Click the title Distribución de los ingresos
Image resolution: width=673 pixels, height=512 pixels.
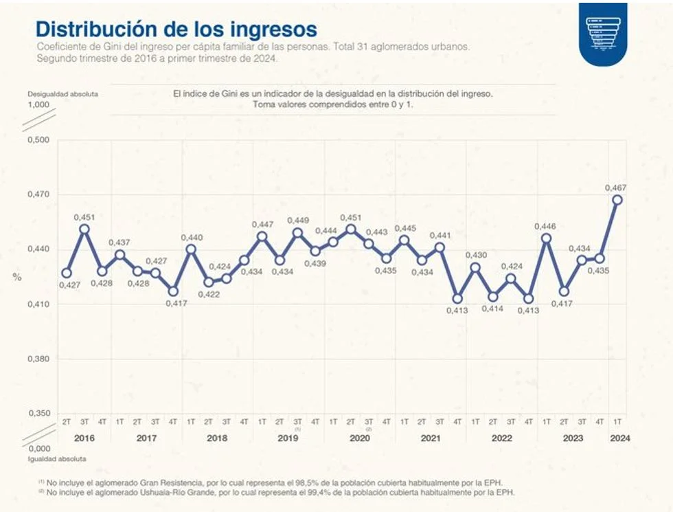[x=176, y=30]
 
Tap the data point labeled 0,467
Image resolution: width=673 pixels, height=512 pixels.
[x=617, y=200]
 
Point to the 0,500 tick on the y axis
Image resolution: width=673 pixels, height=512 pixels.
[x=38, y=140]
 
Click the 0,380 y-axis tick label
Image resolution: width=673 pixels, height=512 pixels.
[x=38, y=359]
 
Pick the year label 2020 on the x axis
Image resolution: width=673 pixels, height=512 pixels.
[x=359, y=438]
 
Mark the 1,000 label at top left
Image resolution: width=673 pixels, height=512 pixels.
[x=38, y=104]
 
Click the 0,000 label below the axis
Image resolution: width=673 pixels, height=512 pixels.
[x=38, y=448]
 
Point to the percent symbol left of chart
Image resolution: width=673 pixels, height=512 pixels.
[x=17, y=276]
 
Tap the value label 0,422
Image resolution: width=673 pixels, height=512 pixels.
[x=208, y=293]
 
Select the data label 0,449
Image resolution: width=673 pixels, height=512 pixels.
[x=297, y=221]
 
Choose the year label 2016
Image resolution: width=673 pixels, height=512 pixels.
[x=84, y=438]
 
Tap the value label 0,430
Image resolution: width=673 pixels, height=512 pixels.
[x=476, y=255]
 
